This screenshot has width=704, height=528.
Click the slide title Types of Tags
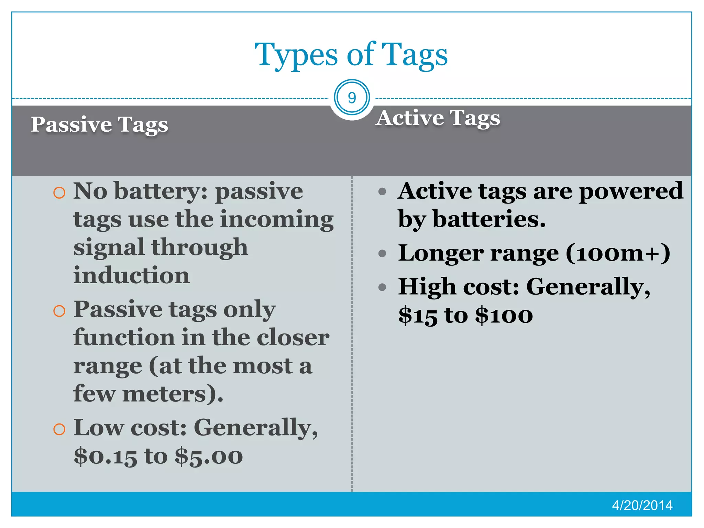pyautogui.click(x=351, y=55)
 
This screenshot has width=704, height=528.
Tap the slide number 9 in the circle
pyautogui.click(x=352, y=98)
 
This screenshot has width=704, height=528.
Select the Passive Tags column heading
pyautogui.click(x=99, y=124)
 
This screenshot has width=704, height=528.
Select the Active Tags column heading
pyautogui.click(x=438, y=118)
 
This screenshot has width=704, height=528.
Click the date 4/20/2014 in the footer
pyautogui.click(x=642, y=505)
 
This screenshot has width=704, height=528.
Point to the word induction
pyautogui.click(x=131, y=275)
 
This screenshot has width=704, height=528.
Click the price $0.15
pyautogui.click(x=105, y=456)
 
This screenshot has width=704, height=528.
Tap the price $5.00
pyautogui.click(x=209, y=456)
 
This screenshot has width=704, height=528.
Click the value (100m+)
pyautogui.click(x=618, y=253)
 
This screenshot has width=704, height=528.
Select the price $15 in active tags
pyautogui.click(x=418, y=315)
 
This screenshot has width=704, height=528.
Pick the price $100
pyautogui.click(x=504, y=315)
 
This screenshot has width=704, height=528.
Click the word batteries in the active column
pyautogui.click(x=488, y=219)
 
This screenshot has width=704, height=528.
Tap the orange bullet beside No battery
pyautogui.click(x=59, y=192)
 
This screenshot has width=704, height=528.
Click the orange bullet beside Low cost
pyautogui.click(x=59, y=429)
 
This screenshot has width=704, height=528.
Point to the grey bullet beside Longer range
pyautogui.click(x=382, y=254)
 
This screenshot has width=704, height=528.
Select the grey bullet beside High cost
pyautogui.click(x=382, y=287)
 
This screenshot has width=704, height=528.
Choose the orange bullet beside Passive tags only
pyautogui.click(x=59, y=311)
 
